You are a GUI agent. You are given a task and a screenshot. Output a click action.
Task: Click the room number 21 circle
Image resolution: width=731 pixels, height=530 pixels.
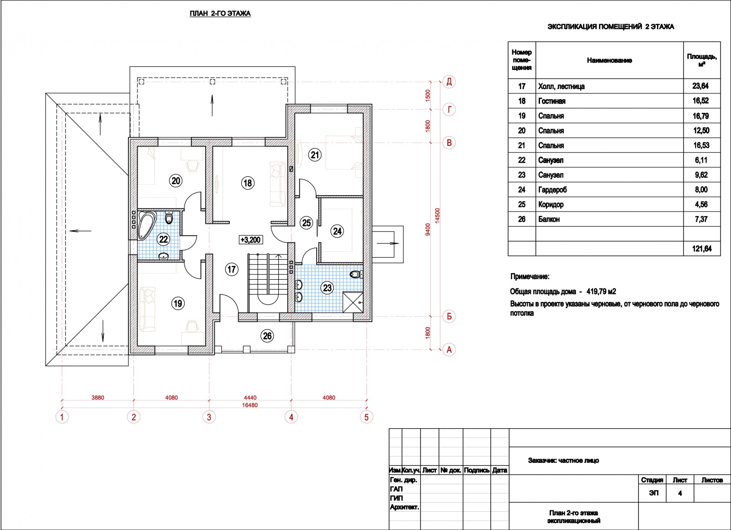pos(315,155)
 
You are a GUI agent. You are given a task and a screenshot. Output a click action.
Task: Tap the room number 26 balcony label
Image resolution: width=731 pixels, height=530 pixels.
pos(267,336)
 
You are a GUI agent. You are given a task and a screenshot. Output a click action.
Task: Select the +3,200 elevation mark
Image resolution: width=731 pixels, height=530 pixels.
pos(250,240)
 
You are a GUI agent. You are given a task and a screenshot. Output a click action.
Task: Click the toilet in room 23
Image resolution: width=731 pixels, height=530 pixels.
pos(356,274)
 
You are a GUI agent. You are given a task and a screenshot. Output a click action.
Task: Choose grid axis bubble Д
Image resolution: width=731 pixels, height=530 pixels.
pos(449,82)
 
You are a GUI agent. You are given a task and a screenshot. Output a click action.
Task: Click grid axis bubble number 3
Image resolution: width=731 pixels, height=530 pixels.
pos(209,417)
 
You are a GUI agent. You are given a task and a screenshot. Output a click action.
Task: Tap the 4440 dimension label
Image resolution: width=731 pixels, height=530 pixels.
pos(250,398)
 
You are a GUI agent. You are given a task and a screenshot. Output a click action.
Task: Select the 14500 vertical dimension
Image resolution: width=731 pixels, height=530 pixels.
pos(438,215)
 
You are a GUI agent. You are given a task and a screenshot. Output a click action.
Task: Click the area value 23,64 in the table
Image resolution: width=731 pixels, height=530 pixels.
pos(701,86)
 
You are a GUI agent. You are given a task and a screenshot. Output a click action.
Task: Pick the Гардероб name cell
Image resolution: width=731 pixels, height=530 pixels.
pos(552,190)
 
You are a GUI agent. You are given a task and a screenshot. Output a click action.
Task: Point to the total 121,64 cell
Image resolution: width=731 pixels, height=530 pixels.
pos(702,249)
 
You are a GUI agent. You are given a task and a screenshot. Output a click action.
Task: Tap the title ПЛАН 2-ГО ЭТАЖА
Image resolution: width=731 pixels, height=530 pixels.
pos(220,13)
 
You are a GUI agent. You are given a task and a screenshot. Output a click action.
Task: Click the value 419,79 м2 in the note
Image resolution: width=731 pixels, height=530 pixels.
pos(601,291)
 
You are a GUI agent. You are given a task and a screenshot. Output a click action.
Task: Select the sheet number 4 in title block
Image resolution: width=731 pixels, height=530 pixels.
pos(680,493)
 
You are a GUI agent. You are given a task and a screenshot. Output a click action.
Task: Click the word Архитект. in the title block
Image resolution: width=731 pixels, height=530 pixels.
pos(404,507)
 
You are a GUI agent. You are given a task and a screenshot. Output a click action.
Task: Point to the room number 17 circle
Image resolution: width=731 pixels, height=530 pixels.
pos(231,269)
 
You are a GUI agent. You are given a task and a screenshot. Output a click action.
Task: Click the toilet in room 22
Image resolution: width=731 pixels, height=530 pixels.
pos(169,217)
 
